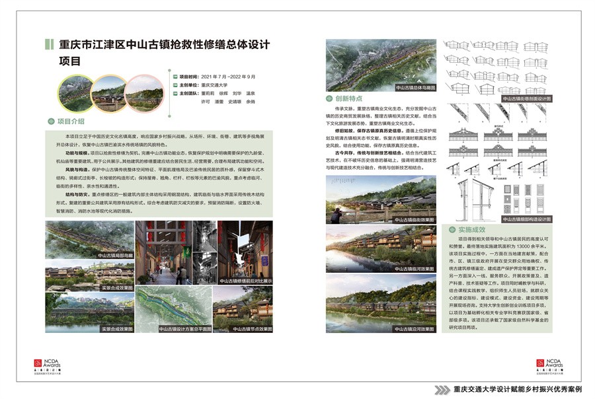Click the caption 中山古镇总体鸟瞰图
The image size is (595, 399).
pos(415,87)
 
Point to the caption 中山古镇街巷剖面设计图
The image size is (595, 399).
pos(527,98)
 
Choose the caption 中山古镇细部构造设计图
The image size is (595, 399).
pos(527,217)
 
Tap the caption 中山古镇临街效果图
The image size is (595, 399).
pos(415,219)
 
